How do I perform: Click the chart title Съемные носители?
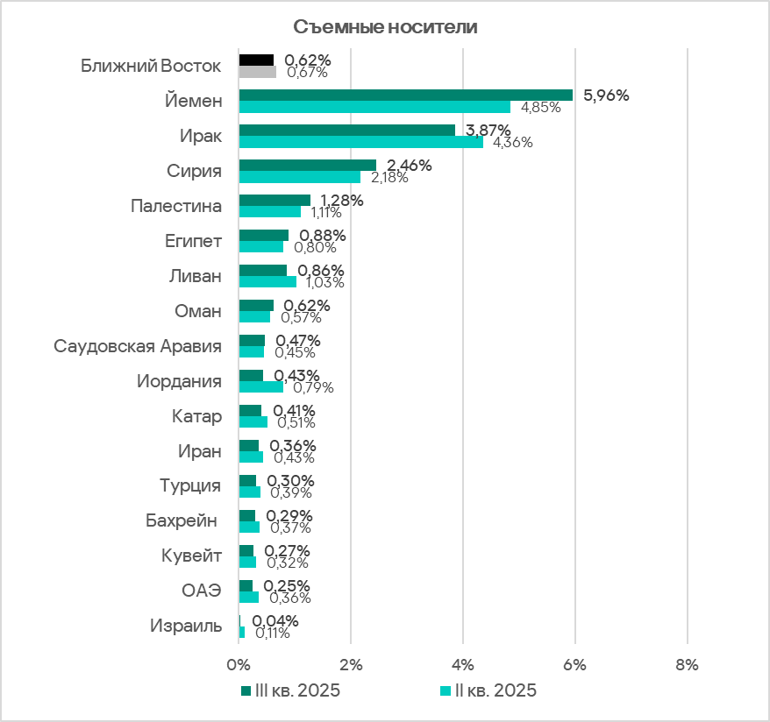[x=385, y=26]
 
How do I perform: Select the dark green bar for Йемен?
[x=405, y=95]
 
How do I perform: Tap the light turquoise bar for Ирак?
[x=360, y=142]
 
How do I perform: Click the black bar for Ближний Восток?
[x=256, y=60]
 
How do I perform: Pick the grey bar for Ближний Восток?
[x=257, y=72]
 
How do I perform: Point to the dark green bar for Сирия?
[x=307, y=165]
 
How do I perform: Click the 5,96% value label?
[x=606, y=96]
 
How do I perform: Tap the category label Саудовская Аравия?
[x=138, y=346]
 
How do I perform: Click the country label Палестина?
[x=175, y=206]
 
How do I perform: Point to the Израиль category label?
[x=186, y=626]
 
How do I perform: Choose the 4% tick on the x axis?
[x=463, y=664]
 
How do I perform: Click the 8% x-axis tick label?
[x=687, y=664]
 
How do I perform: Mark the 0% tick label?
[x=239, y=664]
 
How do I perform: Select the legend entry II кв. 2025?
[x=494, y=690]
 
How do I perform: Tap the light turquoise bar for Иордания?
[x=260, y=387]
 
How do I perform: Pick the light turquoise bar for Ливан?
[x=267, y=282]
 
